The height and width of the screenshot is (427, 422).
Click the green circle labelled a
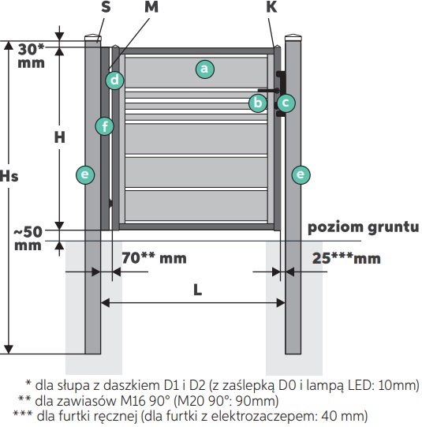pos(204,69)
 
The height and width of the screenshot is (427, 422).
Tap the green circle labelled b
pos(258,103)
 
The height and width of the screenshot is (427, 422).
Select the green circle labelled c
pos(286,103)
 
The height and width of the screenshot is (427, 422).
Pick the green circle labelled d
pos(114,81)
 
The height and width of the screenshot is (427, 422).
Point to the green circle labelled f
pos(105,126)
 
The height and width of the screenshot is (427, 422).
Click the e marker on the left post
pos(85,174)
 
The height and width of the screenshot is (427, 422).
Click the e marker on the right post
pos(301,174)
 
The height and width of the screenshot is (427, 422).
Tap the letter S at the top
pos(106,7)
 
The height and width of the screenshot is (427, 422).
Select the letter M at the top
pos(151,7)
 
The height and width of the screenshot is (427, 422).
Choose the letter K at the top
pos(271,7)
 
